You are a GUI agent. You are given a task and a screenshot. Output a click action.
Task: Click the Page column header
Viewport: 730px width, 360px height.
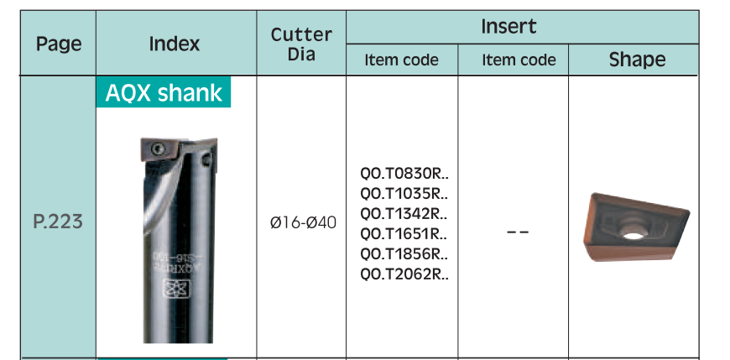[59, 44]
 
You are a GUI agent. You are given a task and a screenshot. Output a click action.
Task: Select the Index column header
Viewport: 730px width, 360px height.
[175, 44]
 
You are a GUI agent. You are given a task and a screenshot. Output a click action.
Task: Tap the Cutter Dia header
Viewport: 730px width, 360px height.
[301, 44]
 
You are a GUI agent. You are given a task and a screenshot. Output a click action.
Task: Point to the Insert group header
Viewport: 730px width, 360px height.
[508, 26]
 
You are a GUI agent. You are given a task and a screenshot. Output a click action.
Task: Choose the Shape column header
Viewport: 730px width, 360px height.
[638, 60]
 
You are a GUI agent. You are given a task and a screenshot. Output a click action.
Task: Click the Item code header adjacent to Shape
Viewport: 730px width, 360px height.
[519, 60]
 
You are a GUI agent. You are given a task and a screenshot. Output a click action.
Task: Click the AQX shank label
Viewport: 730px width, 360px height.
[164, 92]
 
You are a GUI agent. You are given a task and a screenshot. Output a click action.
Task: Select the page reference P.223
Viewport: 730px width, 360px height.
[58, 222]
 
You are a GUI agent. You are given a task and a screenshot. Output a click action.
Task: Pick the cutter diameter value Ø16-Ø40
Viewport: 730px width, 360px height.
[303, 222]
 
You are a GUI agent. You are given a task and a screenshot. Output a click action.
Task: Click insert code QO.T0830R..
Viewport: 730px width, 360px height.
[404, 173]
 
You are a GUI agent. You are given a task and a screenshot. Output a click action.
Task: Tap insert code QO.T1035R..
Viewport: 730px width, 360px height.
[404, 193]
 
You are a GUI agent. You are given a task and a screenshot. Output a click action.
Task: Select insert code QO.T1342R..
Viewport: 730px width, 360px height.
[404, 214]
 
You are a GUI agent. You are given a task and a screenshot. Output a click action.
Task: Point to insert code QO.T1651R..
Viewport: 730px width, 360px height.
[404, 234]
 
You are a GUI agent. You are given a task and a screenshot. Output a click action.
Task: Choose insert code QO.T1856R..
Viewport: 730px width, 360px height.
[404, 253]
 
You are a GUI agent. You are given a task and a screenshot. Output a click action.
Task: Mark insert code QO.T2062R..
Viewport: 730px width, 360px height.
[404, 274]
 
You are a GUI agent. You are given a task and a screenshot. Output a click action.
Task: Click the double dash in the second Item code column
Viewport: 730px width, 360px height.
[518, 232]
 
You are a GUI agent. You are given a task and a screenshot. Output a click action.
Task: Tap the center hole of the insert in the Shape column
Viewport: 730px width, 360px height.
[633, 235]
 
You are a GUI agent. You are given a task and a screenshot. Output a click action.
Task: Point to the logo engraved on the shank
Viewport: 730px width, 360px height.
[170, 289]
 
